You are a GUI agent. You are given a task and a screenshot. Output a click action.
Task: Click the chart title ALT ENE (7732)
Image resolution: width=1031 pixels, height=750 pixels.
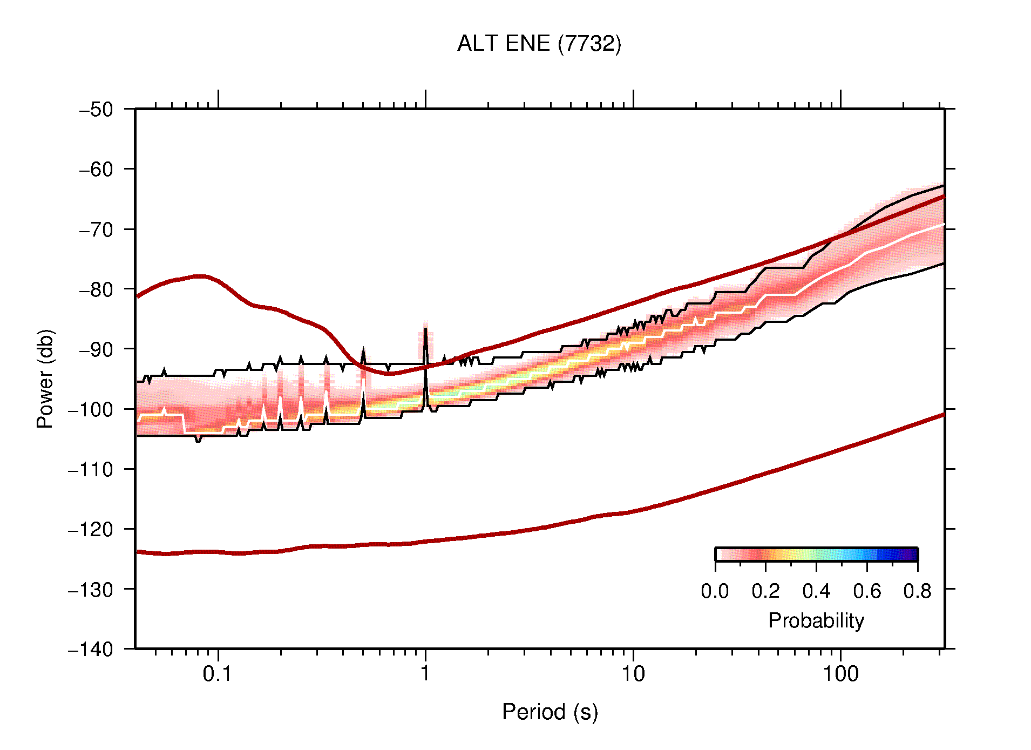pos(539,44)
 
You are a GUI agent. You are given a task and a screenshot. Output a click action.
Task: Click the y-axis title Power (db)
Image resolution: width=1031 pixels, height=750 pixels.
pos(45,379)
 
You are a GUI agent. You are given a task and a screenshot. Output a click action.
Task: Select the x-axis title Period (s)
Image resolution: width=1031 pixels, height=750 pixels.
pos(550,712)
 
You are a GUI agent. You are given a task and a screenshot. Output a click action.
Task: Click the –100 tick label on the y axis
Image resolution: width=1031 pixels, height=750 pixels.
pos(91,409)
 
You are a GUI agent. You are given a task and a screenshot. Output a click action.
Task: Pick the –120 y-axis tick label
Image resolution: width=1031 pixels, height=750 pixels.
pos(91,529)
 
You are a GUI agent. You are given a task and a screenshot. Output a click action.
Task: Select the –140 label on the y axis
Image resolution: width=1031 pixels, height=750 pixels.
pos(91,649)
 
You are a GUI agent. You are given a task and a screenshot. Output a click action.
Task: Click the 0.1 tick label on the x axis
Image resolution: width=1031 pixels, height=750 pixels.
pos(217,674)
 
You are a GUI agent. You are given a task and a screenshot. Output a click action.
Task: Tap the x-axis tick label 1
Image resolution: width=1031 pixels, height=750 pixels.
pos(425,674)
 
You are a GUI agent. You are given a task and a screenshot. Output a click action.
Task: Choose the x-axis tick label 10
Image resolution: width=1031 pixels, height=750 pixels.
pos(633,674)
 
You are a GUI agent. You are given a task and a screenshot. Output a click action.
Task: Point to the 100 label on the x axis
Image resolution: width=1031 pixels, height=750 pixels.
pos(840,674)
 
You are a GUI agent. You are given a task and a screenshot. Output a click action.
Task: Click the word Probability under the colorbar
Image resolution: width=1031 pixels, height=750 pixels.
pos(816,620)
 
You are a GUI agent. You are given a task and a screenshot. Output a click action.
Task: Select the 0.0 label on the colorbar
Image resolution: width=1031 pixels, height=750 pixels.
pos(715,591)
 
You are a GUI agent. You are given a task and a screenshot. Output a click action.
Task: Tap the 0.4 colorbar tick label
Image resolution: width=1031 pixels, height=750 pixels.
pos(816,591)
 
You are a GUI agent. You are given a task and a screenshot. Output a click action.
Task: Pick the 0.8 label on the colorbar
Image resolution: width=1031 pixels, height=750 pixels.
pos(917,591)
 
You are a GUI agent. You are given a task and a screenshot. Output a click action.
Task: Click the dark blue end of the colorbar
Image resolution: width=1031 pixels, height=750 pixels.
pos(912,555)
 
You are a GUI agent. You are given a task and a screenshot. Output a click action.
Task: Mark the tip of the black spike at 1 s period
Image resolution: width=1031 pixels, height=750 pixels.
pos(425,328)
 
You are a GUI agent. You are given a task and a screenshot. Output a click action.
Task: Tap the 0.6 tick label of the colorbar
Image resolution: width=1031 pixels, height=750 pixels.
pos(867,591)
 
